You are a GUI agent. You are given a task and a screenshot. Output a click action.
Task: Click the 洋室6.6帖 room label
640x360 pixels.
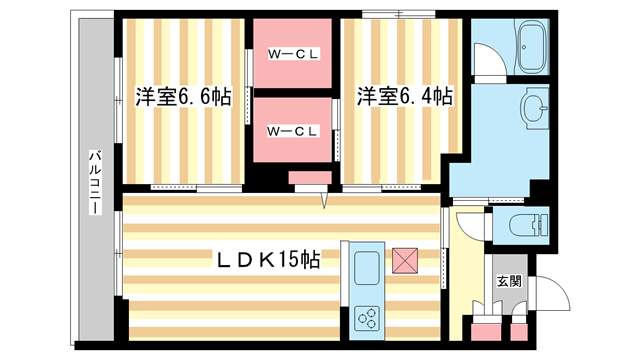click(183, 98)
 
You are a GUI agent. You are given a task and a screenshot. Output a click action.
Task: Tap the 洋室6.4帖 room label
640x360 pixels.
click(404, 98)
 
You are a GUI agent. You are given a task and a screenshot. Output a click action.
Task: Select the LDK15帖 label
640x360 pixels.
click(269, 259)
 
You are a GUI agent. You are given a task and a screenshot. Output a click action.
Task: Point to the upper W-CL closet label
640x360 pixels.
click(292, 54)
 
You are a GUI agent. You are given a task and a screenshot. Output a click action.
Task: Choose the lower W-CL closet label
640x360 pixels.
click(292, 130)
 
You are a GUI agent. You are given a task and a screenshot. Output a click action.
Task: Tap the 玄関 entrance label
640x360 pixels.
click(508, 282)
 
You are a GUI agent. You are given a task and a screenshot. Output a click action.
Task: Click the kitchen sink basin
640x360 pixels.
click(366, 269)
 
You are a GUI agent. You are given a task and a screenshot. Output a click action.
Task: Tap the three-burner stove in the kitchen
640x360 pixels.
click(367, 319)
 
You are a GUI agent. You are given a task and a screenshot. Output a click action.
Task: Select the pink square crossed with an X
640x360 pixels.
click(405, 259)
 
